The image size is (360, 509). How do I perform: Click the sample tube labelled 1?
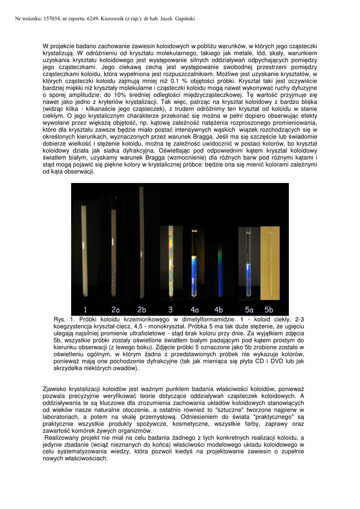click(x=84, y=249)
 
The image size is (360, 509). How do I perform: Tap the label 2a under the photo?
click(x=115, y=309)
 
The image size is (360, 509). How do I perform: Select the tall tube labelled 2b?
click(x=141, y=244)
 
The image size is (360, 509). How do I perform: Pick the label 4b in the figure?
click(x=218, y=309)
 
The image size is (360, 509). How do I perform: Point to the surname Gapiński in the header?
click(x=184, y=19)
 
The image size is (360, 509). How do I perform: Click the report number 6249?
click(x=90, y=19)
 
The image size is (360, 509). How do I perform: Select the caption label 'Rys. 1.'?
click(x=62, y=319)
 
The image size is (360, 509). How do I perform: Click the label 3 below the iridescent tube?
click(x=170, y=309)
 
